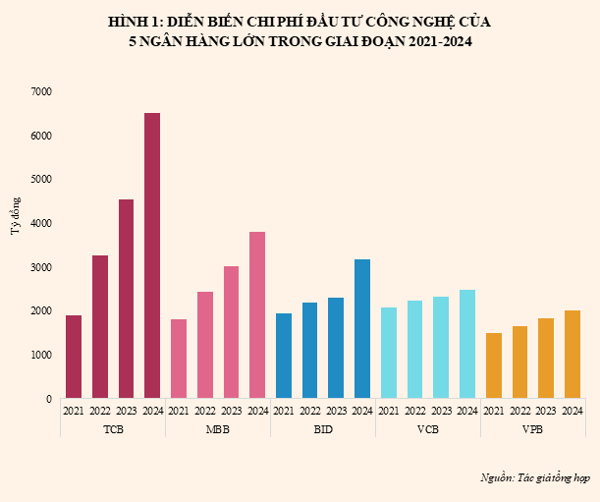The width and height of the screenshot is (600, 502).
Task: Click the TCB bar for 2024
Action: click(x=152, y=255)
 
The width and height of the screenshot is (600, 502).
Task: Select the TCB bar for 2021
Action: click(x=74, y=357)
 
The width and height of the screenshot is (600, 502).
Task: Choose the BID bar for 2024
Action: click(x=362, y=328)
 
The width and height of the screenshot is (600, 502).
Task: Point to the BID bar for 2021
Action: click(x=284, y=356)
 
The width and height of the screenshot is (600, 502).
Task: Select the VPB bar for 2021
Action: click(x=494, y=365)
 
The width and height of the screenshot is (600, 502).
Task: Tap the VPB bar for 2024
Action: click(x=573, y=354)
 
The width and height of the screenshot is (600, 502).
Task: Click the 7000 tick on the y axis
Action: click(x=41, y=91)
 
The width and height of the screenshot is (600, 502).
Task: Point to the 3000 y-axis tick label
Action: click(x=41, y=267)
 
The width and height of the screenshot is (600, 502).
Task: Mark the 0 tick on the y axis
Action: click(x=48, y=399)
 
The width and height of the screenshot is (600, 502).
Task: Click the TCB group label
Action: click(x=113, y=429)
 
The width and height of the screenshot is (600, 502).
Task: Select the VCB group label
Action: click(x=428, y=429)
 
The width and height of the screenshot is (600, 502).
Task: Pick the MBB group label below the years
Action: click(x=218, y=429)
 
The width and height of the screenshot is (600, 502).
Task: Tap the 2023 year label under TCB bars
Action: click(x=127, y=411)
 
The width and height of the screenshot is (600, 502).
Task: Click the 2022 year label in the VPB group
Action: click(x=520, y=411)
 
